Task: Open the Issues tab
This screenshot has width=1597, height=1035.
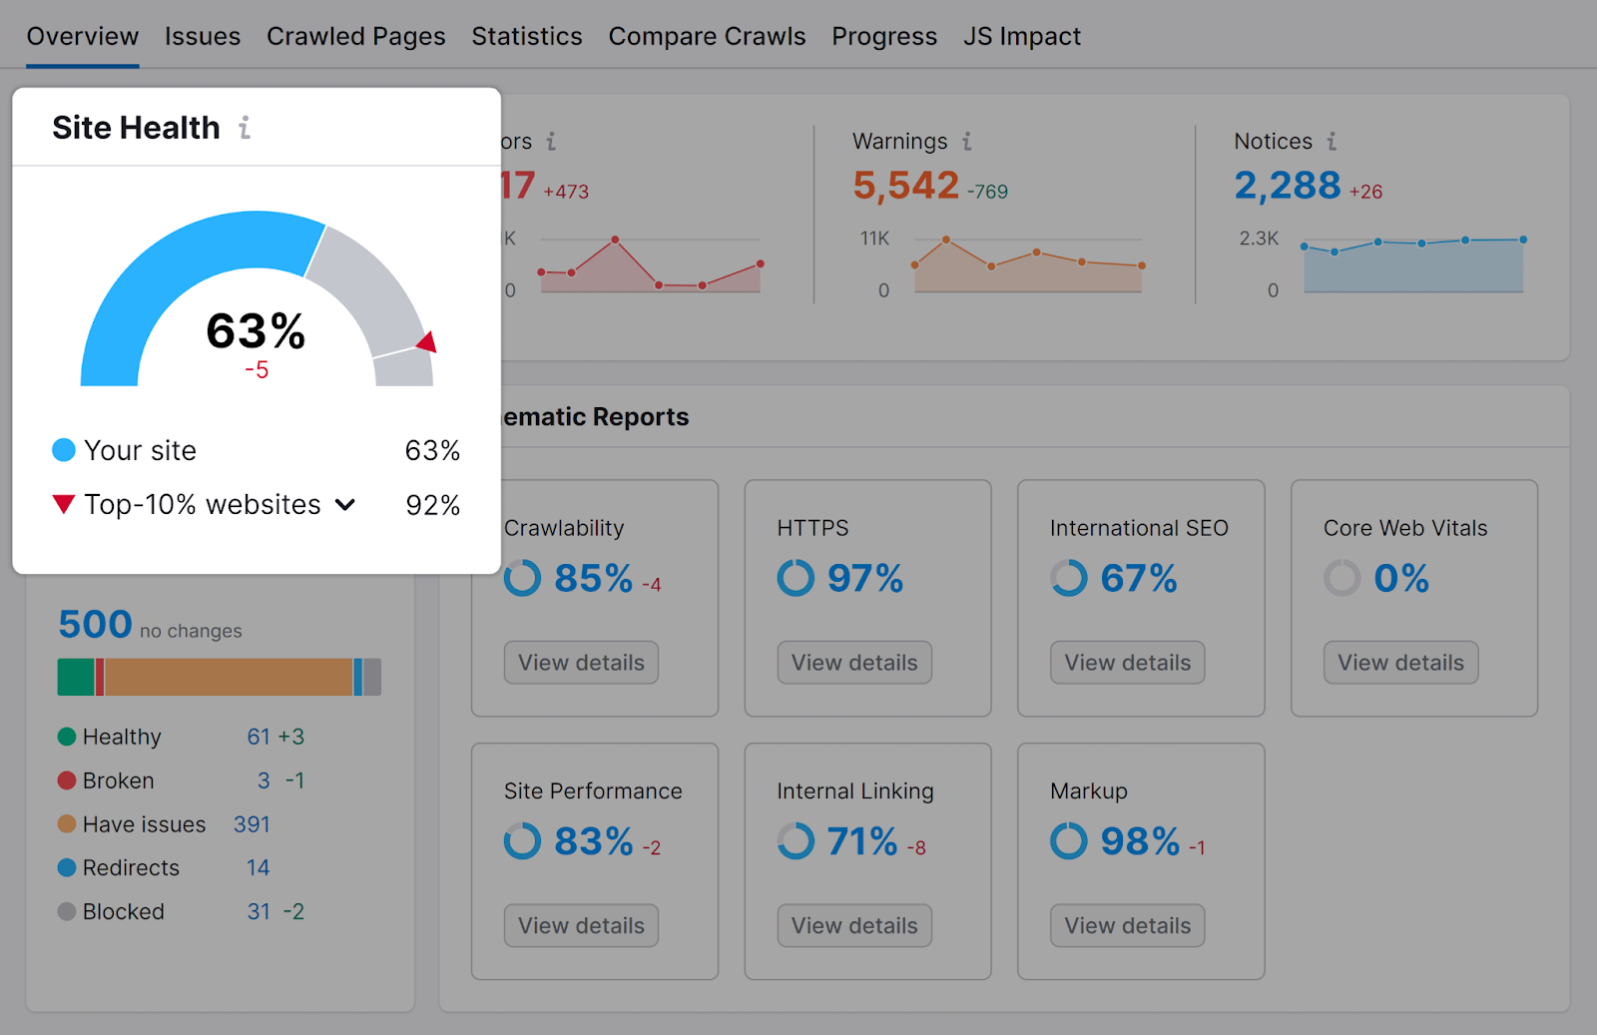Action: click(x=202, y=37)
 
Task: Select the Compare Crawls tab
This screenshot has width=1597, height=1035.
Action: click(x=707, y=37)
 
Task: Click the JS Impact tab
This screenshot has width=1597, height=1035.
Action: click(x=1021, y=37)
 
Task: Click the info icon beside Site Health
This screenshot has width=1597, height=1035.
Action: click(x=245, y=128)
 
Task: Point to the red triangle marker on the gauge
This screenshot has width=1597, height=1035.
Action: click(x=427, y=342)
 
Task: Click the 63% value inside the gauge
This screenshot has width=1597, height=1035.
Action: click(x=256, y=331)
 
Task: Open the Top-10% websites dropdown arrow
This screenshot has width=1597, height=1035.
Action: click(x=345, y=505)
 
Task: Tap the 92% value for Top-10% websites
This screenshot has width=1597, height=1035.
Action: click(x=432, y=505)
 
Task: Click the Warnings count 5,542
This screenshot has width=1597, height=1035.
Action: click(x=905, y=186)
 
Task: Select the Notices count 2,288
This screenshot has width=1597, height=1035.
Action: click(x=1287, y=186)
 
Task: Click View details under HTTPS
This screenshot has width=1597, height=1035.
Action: click(x=854, y=663)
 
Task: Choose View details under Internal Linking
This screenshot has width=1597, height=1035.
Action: click(x=854, y=925)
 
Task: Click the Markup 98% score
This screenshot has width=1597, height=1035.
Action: click(x=1140, y=841)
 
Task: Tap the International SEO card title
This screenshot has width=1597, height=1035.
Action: click(x=1139, y=528)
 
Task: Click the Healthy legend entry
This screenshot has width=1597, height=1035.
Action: click(x=121, y=737)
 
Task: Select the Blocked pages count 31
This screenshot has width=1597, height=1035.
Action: click(x=259, y=911)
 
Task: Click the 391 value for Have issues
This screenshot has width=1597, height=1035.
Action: click(x=252, y=824)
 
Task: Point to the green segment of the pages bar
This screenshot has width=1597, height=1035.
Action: click(x=75, y=677)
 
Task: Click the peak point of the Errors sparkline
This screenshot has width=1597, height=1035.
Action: click(x=615, y=240)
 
